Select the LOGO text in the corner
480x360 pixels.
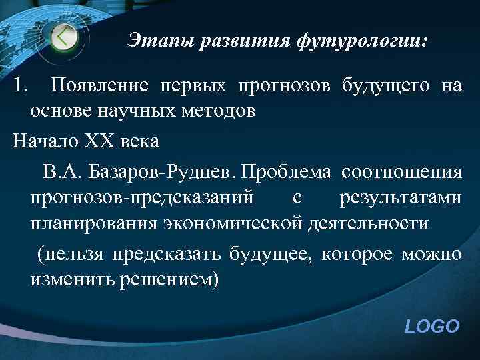[x=432, y=326]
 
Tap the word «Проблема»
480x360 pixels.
[x=286, y=173]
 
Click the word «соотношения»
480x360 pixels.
[x=401, y=173]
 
